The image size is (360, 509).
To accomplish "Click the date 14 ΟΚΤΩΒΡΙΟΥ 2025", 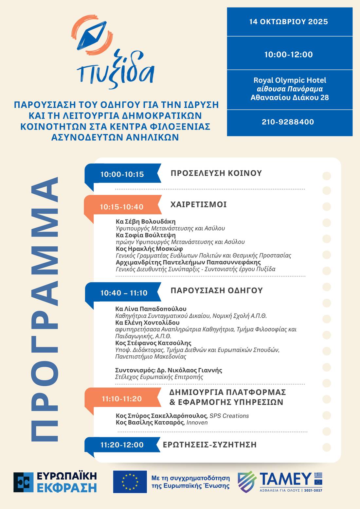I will pyautogui.click(x=288, y=22).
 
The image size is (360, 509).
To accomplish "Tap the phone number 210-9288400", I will pyautogui.click(x=288, y=122).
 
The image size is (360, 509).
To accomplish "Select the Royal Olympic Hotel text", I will pyautogui.click(x=290, y=80).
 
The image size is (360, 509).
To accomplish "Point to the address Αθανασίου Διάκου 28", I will pyautogui.click(x=290, y=97).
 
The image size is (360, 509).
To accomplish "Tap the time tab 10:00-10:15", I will pyautogui.click(x=122, y=174).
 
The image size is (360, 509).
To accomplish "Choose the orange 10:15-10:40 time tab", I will pyautogui.click(x=122, y=207).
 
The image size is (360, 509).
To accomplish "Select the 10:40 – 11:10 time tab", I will pyautogui.click(x=124, y=293).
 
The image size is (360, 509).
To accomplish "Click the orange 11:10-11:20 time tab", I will pyautogui.click(x=122, y=399).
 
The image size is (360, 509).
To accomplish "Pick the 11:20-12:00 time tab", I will pyautogui.click(x=122, y=445).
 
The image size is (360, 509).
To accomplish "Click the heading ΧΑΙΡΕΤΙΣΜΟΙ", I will pyautogui.click(x=198, y=205).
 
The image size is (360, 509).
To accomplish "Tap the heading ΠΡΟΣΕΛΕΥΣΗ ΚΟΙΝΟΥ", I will pyautogui.click(x=216, y=173).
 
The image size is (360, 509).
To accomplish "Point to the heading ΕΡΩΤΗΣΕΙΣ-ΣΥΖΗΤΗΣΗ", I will pyautogui.click(x=209, y=445).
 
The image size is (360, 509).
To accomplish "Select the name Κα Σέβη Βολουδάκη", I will pyautogui.click(x=146, y=221).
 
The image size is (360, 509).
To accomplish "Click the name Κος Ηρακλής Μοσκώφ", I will pyautogui.click(x=149, y=249).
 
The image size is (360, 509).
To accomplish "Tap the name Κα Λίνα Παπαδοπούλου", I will pyautogui.click(x=151, y=309).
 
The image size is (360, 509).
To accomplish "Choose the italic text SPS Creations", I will pyautogui.click(x=229, y=416).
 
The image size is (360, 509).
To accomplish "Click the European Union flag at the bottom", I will pyautogui.click(x=130, y=482).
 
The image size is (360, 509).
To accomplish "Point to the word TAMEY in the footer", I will pyautogui.click(x=285, y=479).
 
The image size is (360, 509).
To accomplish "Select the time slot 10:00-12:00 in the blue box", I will pyautogui.click(x=288, y=54).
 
